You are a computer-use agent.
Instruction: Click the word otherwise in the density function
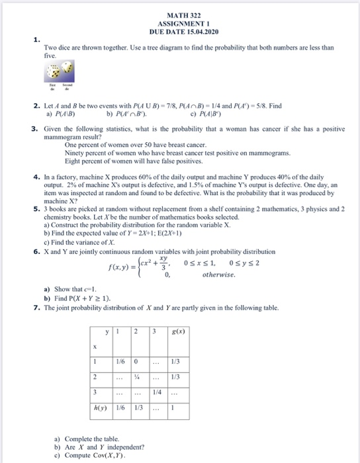tap(219, 274)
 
